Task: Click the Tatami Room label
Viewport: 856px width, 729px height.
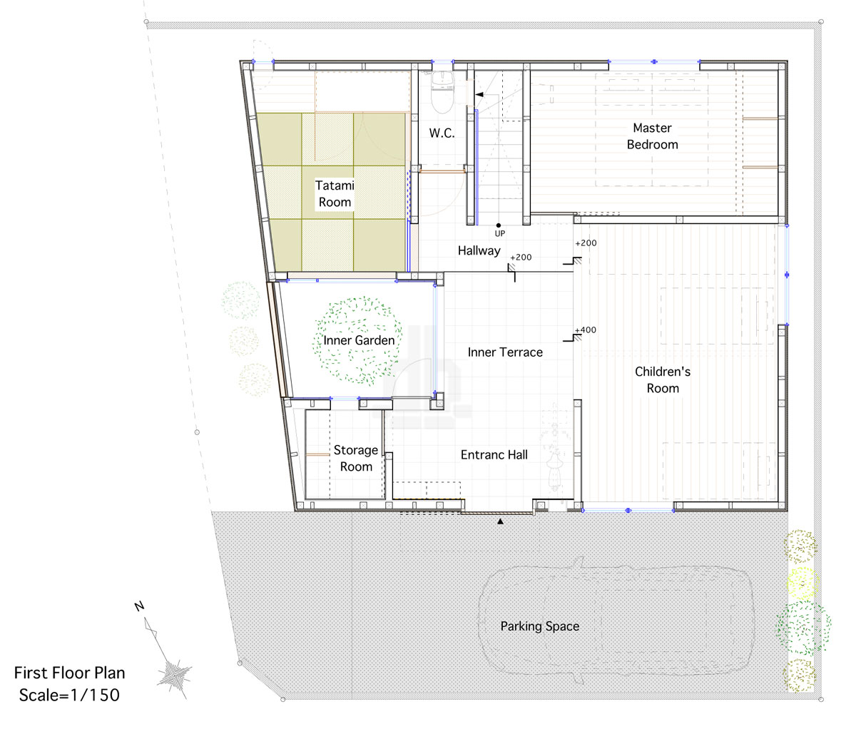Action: tap(335, 193)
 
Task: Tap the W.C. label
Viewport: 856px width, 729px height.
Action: tap(442, 133)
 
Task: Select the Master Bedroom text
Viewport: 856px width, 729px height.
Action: tap(652, 136)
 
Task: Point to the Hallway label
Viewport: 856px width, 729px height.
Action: tap(479, 250)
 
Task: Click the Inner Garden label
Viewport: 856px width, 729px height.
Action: tap(359, 340)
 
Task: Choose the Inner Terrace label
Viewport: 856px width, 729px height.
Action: tap(505, 352)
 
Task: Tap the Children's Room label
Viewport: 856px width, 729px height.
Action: tap(663, 379)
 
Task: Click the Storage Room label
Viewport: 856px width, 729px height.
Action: tap(356, 458)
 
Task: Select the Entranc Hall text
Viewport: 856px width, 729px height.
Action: tap(494, 455)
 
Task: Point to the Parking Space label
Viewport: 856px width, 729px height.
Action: tap(539, 626)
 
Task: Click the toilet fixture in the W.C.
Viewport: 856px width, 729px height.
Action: tap(442, 92)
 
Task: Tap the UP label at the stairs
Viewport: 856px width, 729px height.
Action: tap(500, 234)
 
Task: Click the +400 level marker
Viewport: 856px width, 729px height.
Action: tap(585, 330)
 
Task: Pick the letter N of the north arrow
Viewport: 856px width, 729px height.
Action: tap(140, 606)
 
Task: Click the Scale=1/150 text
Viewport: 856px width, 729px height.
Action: tap(69, 695)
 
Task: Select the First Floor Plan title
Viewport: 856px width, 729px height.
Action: tap(70, 673)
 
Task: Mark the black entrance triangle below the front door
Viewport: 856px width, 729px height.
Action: tap(500, 521)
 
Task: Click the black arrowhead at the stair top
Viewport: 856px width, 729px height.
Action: tap(479, 94)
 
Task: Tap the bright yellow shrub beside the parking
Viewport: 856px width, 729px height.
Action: tap(802, 583)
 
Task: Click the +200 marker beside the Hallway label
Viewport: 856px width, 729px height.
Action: tap(521, 258)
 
